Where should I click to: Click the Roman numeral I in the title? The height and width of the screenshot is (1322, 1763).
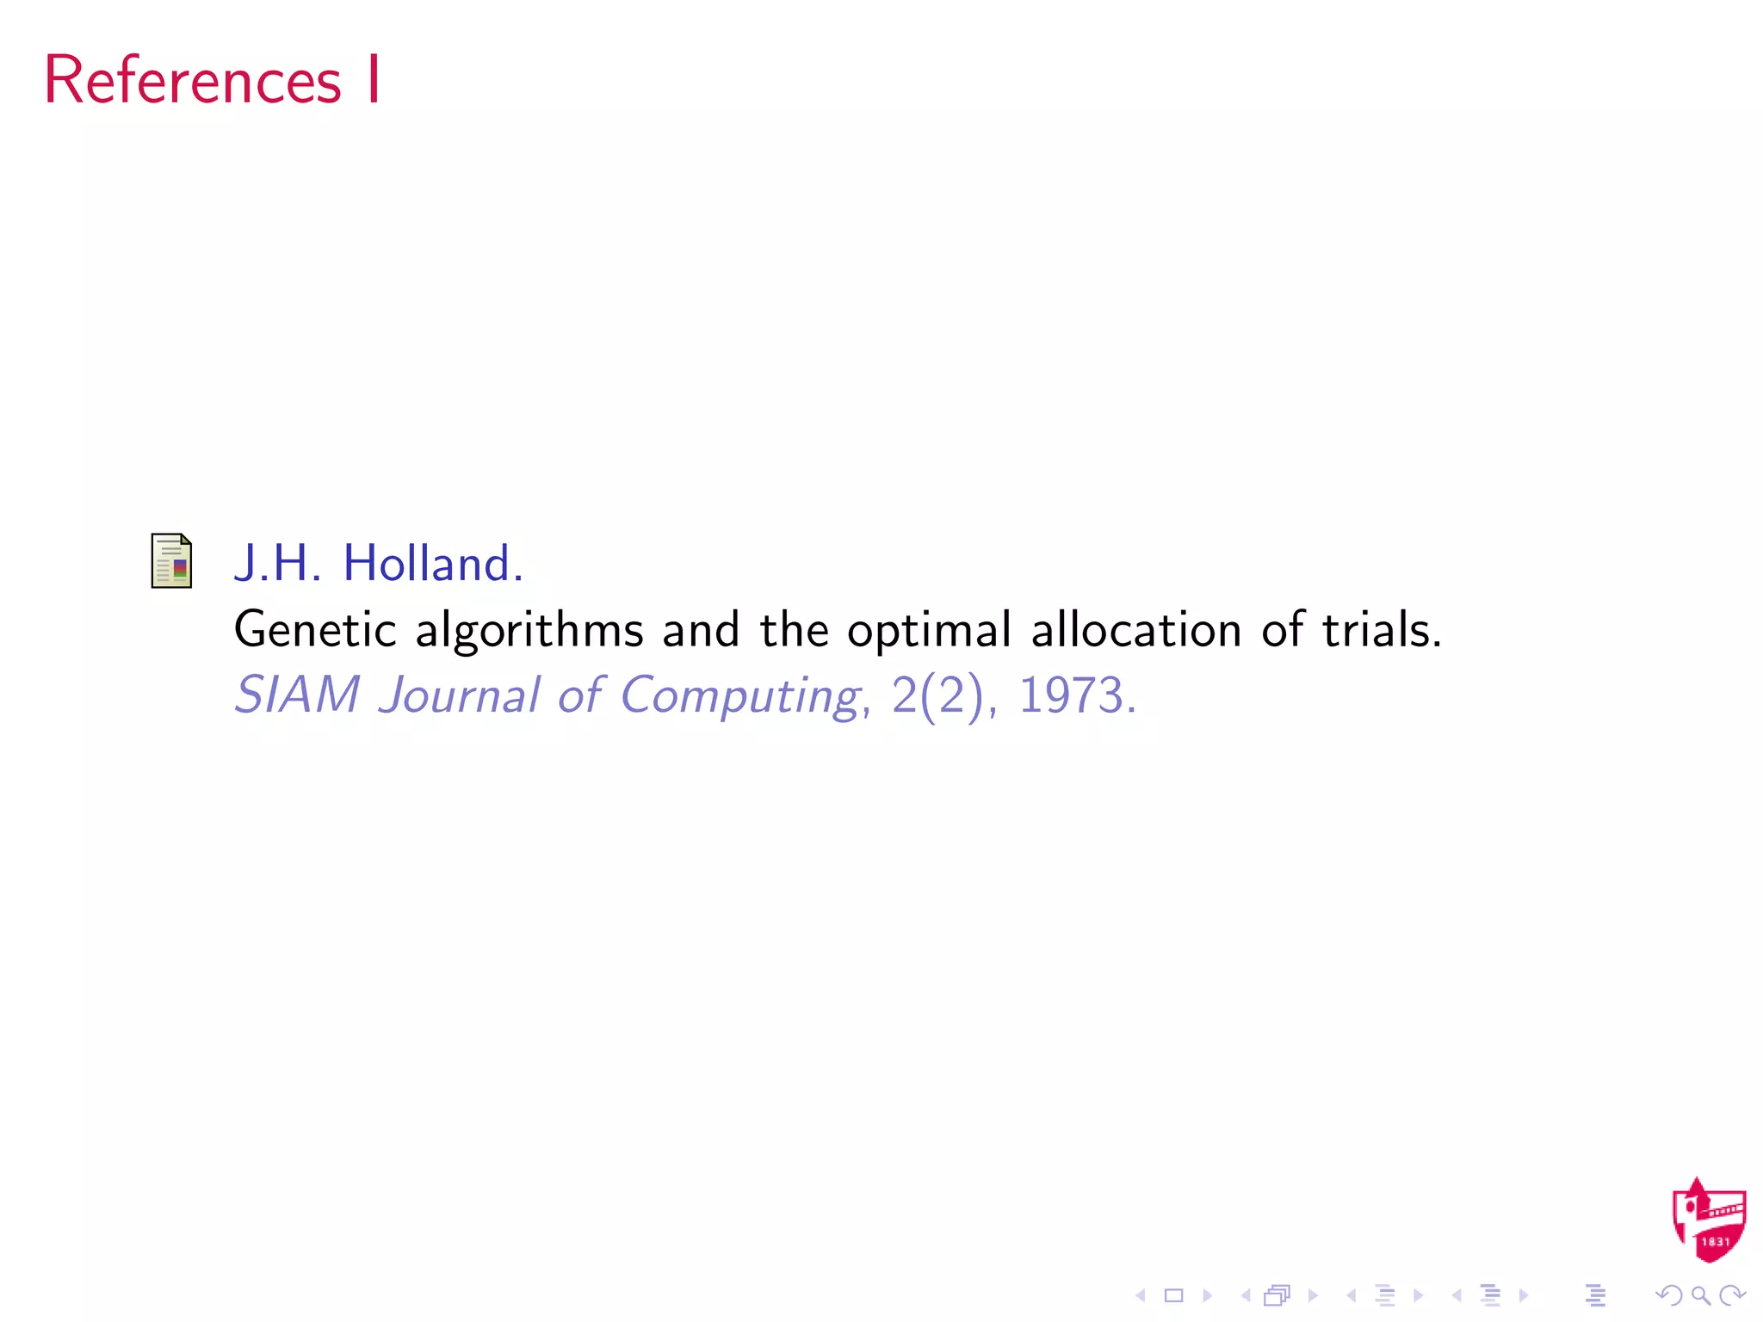pos(373,80)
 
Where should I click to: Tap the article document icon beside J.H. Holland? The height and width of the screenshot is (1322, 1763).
pos(171,560)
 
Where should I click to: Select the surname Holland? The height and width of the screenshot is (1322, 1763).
pos(432,564)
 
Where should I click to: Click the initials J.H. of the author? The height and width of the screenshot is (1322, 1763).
pos(277,564)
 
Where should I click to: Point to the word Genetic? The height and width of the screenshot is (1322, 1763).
pos(315,631)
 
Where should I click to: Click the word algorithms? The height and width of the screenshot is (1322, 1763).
pos(529,631)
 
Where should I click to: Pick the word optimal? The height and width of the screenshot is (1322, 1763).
pos(929,631)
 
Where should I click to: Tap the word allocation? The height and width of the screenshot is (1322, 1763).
pos(1136,631)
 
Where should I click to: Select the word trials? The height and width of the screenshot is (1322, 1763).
pos(1381,631)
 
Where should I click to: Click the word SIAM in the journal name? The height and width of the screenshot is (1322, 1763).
pos(297,695)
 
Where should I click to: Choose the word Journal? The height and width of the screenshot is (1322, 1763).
pos(460,695)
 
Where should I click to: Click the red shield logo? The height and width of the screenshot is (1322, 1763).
pos(1708,1220)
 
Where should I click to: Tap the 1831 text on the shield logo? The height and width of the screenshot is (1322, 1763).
pos(1715,1242)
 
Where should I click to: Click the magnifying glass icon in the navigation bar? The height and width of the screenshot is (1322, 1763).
pos(1700,1295)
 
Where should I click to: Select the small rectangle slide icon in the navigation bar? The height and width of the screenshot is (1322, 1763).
pos(1173,1295)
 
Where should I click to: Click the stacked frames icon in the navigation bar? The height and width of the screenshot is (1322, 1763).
pos(1277,1295)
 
